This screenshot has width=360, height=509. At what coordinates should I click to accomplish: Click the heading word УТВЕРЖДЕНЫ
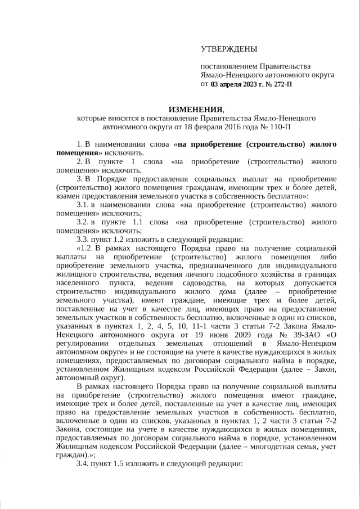(x=228, y=49)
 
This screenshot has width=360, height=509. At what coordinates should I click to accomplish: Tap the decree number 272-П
(x=281, y=84)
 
